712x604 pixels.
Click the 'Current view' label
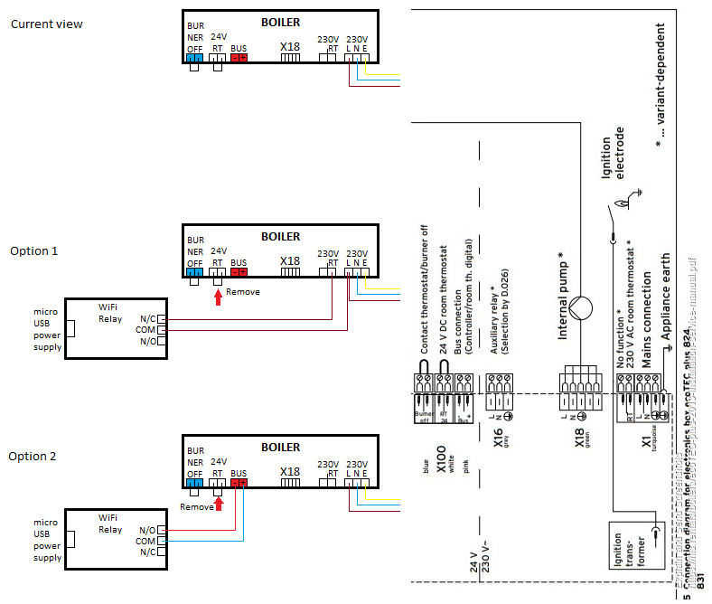(46, 24)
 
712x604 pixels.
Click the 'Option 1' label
(33, 250)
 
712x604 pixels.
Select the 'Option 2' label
(33, 457)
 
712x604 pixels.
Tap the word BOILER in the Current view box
(280, 22)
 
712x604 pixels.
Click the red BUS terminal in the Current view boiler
(239, 57)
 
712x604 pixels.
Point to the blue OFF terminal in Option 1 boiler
(195, 269)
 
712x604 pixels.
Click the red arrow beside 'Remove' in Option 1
(217, 290)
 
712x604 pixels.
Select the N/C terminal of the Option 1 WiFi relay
(162, 319)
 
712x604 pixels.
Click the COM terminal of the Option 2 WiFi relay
(162, 541)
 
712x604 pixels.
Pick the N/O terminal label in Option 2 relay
(147, 529)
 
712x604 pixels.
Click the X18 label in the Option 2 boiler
(289, 472)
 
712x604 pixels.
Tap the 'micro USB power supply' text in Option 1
(47, 329)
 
